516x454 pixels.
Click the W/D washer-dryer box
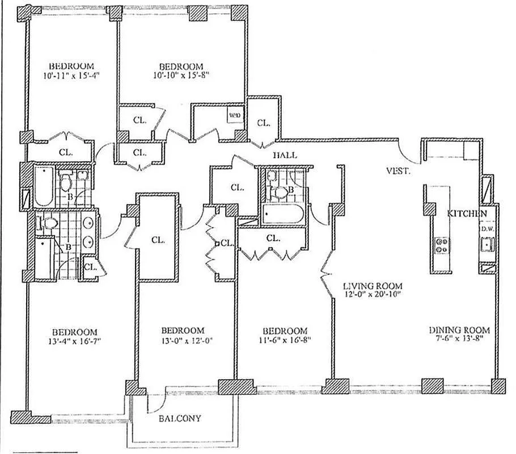click(x=235, y=115)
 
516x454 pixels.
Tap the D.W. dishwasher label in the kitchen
click(x=487, y=229)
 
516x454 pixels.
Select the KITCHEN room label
click(x=467, y=213)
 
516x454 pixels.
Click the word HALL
click(x=285, y=154)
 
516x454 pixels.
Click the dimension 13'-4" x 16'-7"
click(x=74, y=341)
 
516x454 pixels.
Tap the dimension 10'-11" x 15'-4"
click(x=71, y=75)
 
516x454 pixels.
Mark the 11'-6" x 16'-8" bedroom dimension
click(x=285, y=340)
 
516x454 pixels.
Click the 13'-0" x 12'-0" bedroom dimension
click(x=182, y=340)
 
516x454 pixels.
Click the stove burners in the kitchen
click(x=441, y=245)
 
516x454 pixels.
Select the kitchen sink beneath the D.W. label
click(x=487, y=245)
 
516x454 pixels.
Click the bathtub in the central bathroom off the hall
click(x=284, y=215)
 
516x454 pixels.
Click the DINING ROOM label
click(x=459, y=330)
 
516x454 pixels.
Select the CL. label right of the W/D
click(x=264, y=123)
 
